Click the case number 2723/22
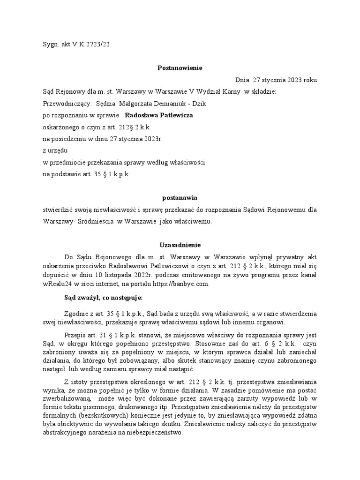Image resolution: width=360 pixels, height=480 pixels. (x=97, y=44)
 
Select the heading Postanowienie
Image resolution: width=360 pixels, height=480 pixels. (x=180, y=68)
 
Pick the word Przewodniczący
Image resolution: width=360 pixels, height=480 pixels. (x=65, y=103)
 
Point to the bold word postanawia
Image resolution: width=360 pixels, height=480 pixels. (x=180, y=198)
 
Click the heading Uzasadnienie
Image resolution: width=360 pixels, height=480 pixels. (x=180, y=245)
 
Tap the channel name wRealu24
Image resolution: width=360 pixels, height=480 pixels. (x=56, y=284)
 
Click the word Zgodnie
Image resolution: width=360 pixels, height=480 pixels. (x=76, y=313)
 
